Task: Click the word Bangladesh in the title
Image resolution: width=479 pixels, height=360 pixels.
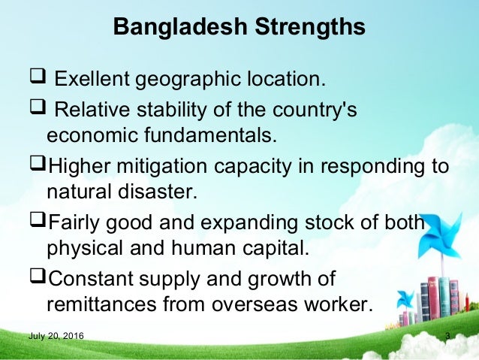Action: [177, 28]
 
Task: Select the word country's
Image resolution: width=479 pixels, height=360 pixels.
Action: [316, 111]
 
